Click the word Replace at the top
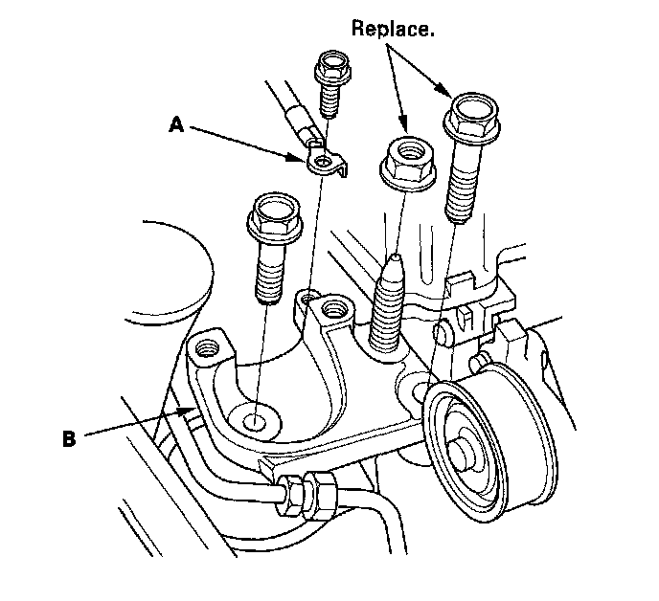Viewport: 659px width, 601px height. point(393,28)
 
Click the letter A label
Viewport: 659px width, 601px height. point(175,124)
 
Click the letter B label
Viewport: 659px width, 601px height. point(69,439)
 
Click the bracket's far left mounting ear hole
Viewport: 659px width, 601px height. point(206,346)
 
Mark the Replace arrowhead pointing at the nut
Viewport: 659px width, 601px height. point(407,129)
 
